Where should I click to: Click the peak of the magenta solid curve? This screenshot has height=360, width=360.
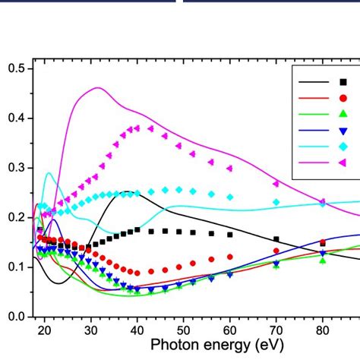(x=98, y=87)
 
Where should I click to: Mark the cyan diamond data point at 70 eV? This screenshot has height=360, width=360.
(x=276, y=202)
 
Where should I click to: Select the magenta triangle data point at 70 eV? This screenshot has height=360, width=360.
(x=276, y=184)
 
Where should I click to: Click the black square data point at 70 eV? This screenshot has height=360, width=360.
(x=276, y=239)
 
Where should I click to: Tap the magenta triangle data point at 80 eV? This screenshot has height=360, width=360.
(x=322, y=202)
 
